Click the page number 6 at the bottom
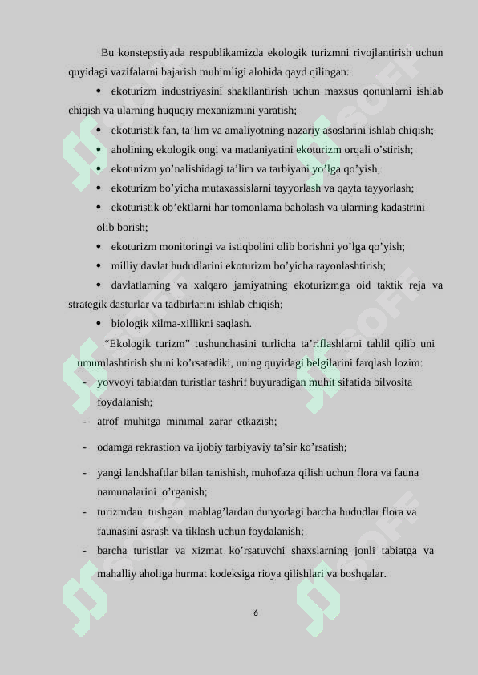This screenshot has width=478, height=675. click(x=255, y=612)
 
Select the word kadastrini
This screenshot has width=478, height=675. click(x=399, y=208)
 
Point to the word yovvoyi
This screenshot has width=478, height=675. click(x=115, y=382)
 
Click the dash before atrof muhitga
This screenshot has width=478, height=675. click(x=84, y=421)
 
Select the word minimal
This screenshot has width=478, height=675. click(x=183, y=421)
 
